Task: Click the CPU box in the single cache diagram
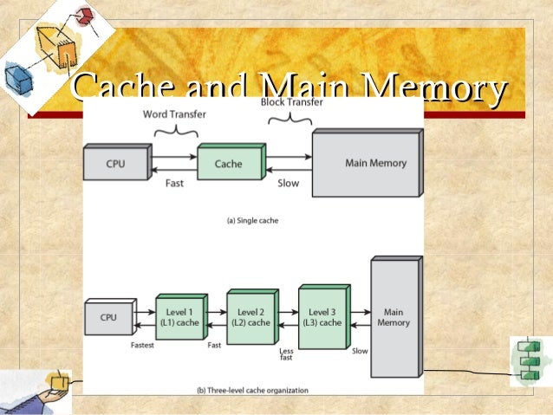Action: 115,163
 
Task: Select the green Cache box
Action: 229,163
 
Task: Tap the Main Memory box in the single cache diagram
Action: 368,163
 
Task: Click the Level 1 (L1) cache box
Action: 179,318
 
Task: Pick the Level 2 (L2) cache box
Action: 252,317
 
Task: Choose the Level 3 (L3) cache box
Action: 325,317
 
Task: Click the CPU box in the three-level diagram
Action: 108,318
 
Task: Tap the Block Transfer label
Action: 292,102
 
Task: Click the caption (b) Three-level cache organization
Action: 252,391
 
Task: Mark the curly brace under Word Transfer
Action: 175,131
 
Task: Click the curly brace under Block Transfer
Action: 290,120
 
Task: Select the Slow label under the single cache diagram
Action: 288,184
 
